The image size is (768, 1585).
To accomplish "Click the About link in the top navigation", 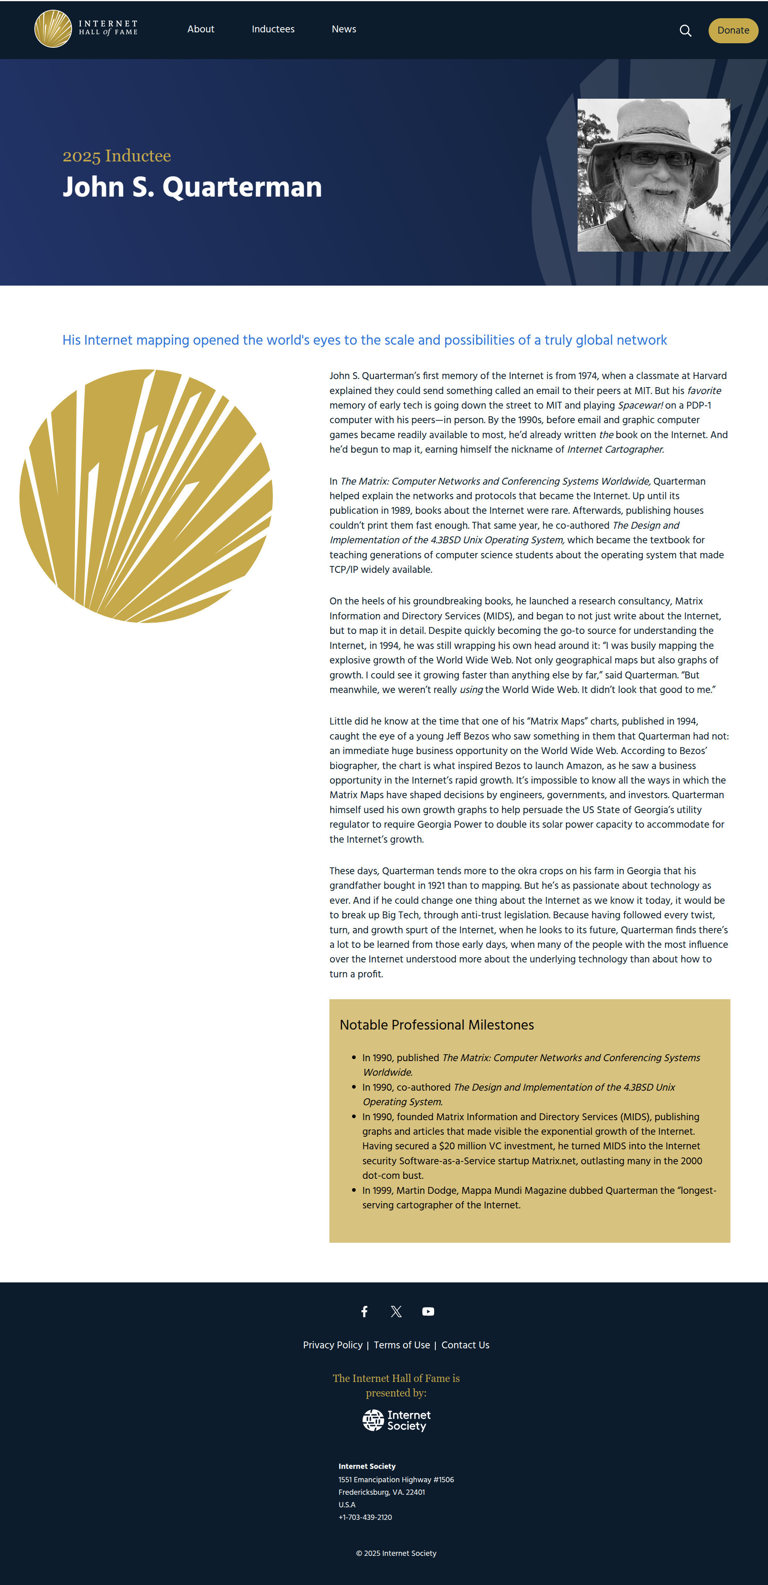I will click(x=200, y=29).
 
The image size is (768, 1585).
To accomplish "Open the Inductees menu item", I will click(x=273, y=29).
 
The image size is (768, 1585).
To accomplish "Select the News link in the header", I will click(x=344, y=29).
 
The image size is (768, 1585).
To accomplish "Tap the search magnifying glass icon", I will click(x=685, y=31).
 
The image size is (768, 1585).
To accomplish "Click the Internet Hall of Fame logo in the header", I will click(x=86, y=29).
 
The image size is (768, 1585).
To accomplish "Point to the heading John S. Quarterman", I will click(x=192, y=187).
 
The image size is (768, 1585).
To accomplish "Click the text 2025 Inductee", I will click(x=117, y=156).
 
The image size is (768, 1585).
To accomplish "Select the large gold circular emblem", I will click(x=146, y=496).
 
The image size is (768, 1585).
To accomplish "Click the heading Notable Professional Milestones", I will click(x=437, y=1024).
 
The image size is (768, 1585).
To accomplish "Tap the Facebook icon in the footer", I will click(x=364, y=1311).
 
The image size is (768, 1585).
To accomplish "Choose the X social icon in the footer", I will click(x=396, y=1311).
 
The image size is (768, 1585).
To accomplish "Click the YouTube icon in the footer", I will click(x=428, y=1311).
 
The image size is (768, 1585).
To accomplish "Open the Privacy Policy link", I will click(x=333, y=1345).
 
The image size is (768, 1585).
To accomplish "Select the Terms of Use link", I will click(x=401, y=1345).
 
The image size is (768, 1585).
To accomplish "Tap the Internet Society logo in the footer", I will click(x=396, y=1420).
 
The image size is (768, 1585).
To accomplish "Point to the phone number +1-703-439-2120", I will click(x=365, y=1517).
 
